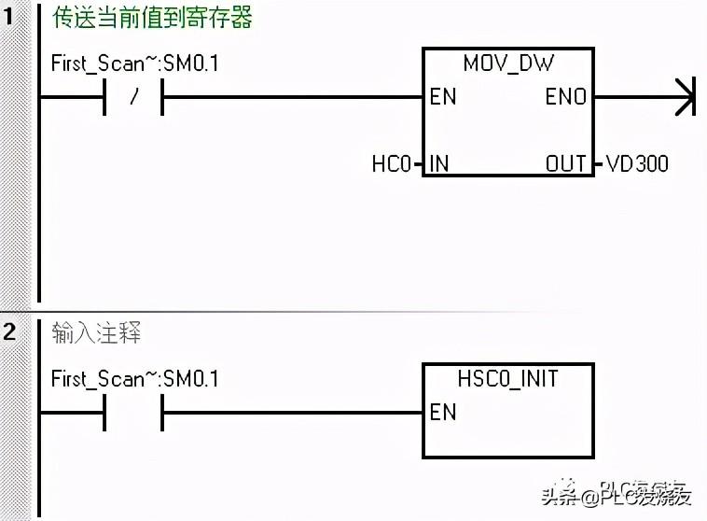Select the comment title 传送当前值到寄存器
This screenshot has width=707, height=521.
click(x=152, y=17)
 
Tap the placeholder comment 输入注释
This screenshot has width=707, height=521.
click(x=97, y=332)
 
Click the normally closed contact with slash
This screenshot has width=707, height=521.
click(x=133, y=97)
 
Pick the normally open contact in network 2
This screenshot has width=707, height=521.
click(x=133, y=412)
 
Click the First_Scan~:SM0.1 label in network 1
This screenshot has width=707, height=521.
click(x=134, y=64)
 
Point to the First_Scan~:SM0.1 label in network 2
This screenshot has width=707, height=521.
click(x=134, y=378)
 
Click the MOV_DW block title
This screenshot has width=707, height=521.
click(x=508, y=64)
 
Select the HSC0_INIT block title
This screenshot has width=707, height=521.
click(x=508, y=378)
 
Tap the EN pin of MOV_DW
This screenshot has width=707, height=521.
click(x=443, y=97)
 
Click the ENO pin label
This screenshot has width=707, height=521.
click(x=566, y=97)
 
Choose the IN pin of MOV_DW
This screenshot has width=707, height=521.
click(x=438, y=164)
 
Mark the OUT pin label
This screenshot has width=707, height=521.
click(x=566, y=164)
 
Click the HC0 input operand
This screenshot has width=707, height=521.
click(x=391, y=164)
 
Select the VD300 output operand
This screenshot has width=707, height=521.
click(x=637, y=164)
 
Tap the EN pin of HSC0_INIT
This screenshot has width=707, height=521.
click(x=443, y=412)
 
